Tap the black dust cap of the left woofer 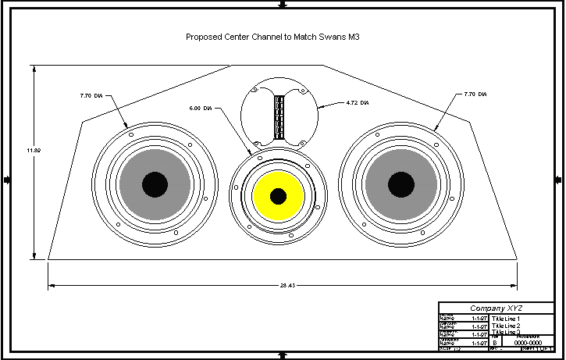click(x=155, y=184)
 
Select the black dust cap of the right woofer click(x=401, y=184)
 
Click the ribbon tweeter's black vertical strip click(x=279, y=116)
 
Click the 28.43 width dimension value click(x=283, y=286)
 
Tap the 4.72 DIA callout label click(x=356, y=102)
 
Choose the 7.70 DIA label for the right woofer click(x=475, y=94)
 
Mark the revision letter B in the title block click(x=494, y=342)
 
